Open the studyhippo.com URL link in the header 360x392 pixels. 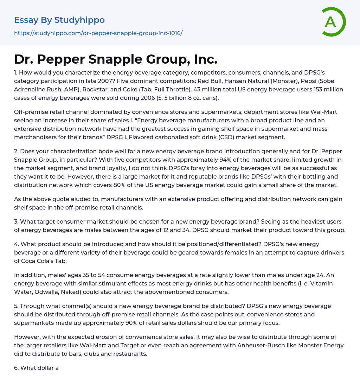pyautogui.click(x=98, y=33)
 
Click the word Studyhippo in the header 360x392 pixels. pyautogui.click(x=79, y=20)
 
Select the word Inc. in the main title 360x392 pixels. pyautogui.click(x=205, y=59)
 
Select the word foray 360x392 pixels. pyautogui.click(x=188, y=168)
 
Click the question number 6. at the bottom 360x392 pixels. pyautogui.click(x=17, y=368)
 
